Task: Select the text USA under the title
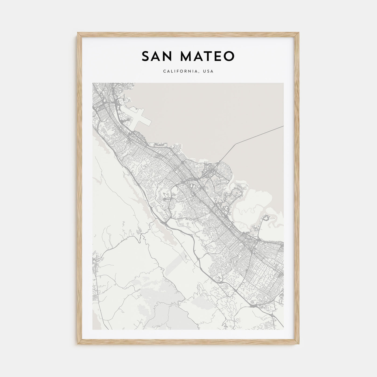coord(209,71)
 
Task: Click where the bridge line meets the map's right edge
coord(283,126)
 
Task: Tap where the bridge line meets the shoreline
coord(221,161)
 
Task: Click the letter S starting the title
coord(145,56)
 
